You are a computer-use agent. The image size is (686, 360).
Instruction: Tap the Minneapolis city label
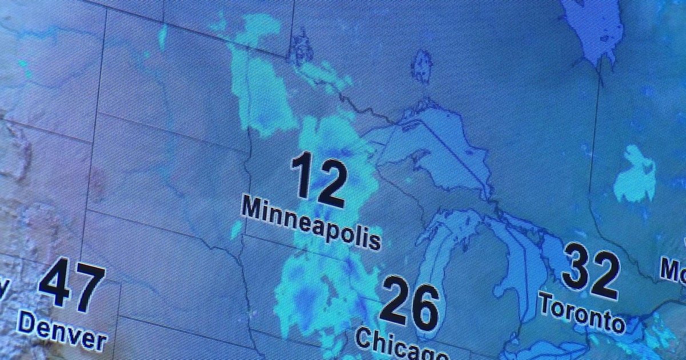[x=311, y=222]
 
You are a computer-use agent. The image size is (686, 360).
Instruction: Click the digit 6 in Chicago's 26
[x=425, y=307]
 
